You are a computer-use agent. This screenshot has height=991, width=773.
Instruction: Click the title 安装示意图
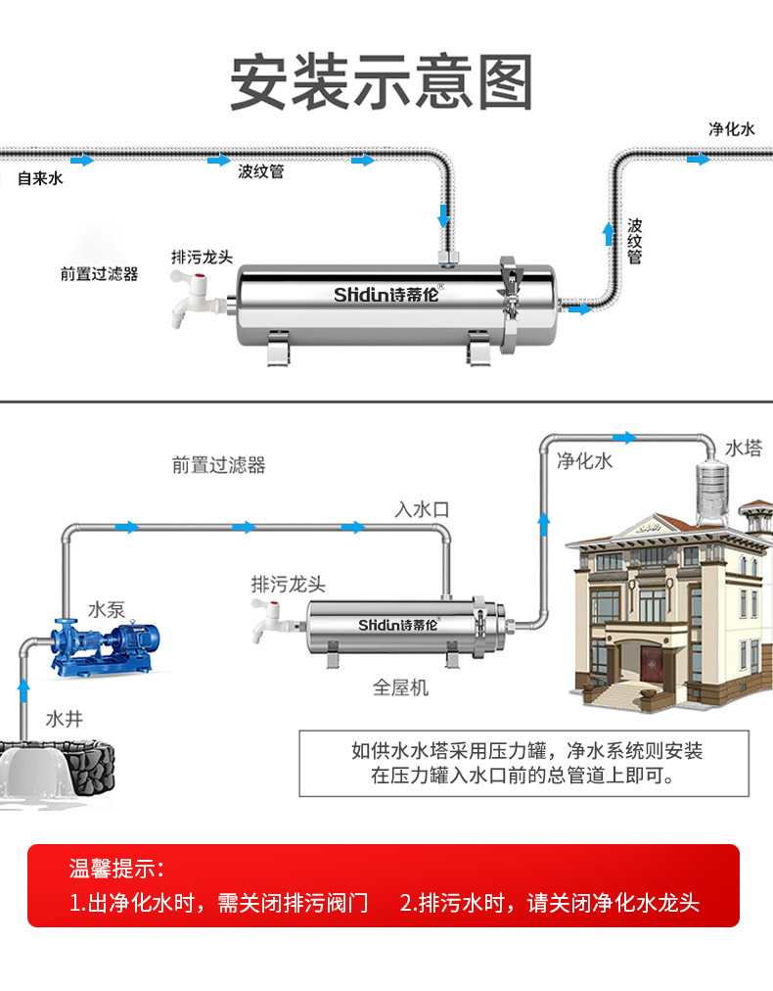pyautogui.click(x=382, y=83)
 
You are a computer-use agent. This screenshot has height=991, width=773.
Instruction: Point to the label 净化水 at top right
pyautogui.click(x=732, y=129)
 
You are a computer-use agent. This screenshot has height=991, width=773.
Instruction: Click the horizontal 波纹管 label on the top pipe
pyautogui.click(x=261, y=171)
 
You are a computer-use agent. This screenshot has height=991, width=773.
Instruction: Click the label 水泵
pyautogui.click(x=107, y=608)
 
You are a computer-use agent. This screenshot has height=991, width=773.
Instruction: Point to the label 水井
pyautogui.click(x=65, y=720)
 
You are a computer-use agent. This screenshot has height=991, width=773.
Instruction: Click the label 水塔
pyautogui.click(x=743, y=448)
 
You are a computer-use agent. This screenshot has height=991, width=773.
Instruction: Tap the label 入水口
pyautogui.click(x=422, y=509)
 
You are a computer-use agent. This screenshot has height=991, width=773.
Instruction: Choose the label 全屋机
pyautogui.click(x=400, y=687)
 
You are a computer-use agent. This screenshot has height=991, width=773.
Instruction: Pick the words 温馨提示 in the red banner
pyautogui.click(x=116, y=869)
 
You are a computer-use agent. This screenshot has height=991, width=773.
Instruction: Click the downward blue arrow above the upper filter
pyautogui.click(x=444, y=214)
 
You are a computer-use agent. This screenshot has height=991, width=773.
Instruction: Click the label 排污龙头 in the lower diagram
pyautogui.click(x=289, y=585)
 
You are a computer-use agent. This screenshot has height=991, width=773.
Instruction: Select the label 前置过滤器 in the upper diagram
pyautogui.click(x=99, y=274)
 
